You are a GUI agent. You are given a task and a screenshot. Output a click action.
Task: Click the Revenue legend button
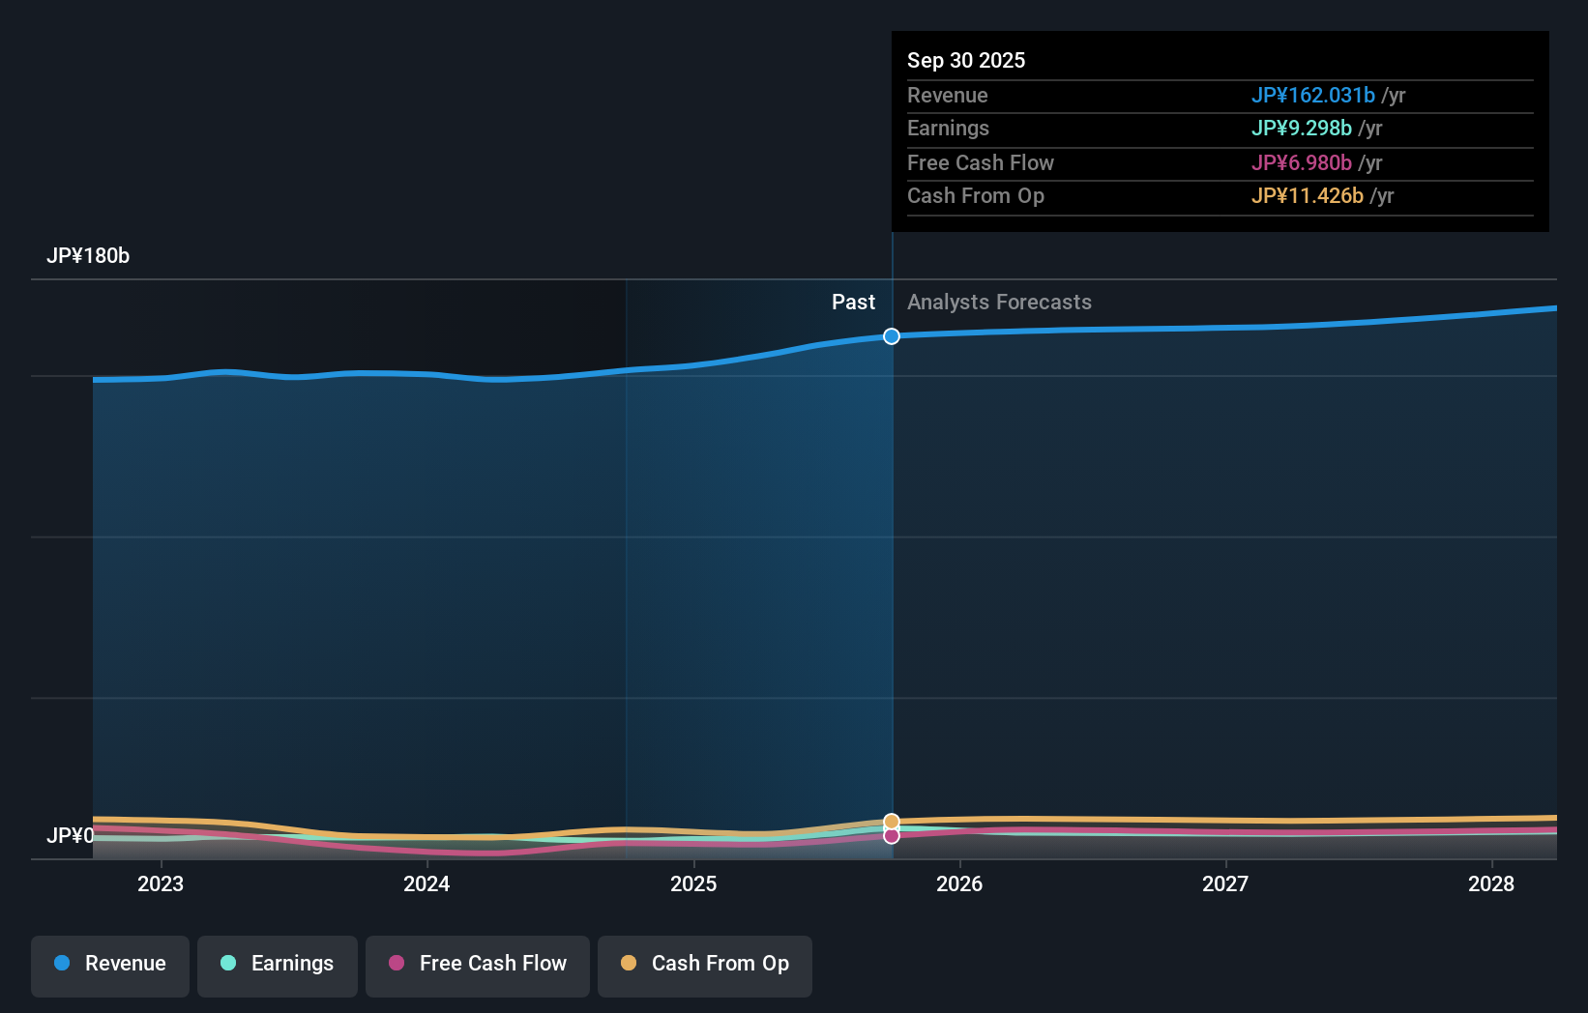tap(110, 965)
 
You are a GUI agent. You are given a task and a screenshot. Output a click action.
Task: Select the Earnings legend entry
tap(278, 965)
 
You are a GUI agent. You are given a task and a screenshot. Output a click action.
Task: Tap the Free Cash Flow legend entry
tap(478, 965)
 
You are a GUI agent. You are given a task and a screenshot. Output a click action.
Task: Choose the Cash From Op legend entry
tap(705, 965)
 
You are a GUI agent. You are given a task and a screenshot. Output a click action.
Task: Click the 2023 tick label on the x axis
tap(161, 884)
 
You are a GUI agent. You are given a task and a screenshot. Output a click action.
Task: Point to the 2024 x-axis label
tap(426, 884)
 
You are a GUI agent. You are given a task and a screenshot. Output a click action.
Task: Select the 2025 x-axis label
tap(693, 884)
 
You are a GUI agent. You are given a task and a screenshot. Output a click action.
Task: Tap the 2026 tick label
tap(959, 884)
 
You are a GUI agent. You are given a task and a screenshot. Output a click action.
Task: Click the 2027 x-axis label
tap(1225, 884)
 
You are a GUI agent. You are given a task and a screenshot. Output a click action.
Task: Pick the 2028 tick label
tap(1491, 884)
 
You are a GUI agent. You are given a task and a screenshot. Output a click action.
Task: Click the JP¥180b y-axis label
tap(88, 256)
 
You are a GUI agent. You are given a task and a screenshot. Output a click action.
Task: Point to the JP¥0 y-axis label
tap(70, 836)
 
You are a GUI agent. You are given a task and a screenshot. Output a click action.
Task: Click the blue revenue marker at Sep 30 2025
tap(892, 336)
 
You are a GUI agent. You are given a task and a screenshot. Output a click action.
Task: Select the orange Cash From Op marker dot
tap(892, 822)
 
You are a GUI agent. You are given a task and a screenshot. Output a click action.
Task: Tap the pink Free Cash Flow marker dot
tap(892, 836)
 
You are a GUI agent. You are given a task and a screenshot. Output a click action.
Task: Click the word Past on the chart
tap(853, 303)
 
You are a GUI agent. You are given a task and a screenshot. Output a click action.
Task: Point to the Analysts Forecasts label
tap(999, 303)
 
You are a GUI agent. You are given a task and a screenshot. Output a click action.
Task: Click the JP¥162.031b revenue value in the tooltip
tap(1312, 96)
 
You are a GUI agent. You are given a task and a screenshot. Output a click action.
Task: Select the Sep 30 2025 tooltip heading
tap(966, 61)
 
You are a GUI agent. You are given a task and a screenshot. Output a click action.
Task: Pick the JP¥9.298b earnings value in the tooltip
tap(1301, 129)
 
